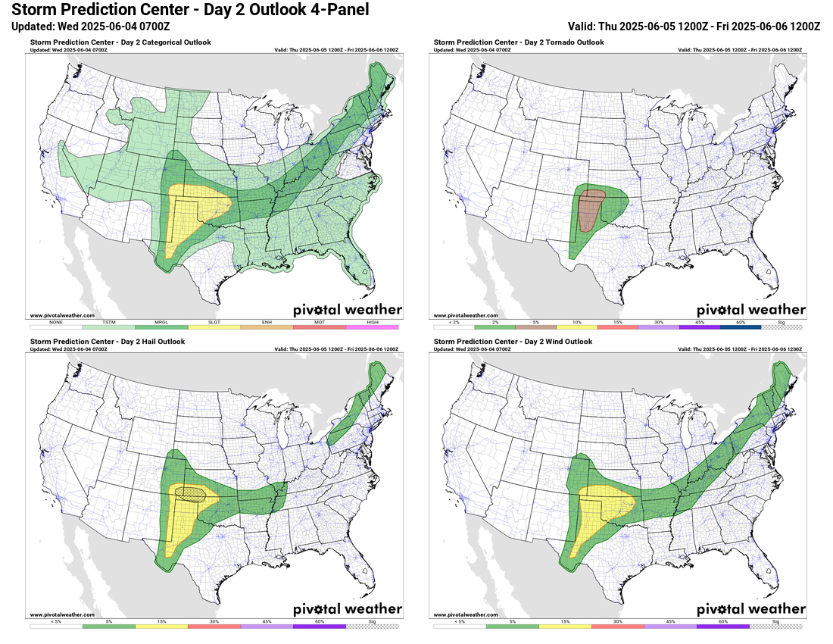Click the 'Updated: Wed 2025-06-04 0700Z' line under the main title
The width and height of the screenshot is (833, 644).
[x=91, y=26]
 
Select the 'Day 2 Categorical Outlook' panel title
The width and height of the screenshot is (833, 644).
[x=121, y=42]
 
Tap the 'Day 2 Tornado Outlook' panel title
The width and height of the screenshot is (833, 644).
[x=519, y=42]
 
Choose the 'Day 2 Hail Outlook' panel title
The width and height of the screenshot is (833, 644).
[x=108, y=342]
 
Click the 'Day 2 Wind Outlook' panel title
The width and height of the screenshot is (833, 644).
[x=513, y=342]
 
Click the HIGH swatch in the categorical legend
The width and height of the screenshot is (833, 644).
[x=372, y=327]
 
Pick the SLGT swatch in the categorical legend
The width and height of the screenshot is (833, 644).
[x=214, y=327]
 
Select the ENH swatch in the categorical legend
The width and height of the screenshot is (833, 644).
[x=267, y=327]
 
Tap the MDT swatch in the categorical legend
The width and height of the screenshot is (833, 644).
[x=319, y=327]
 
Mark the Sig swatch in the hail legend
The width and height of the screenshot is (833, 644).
[x=372, y=627]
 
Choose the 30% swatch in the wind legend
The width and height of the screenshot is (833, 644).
[x=617, y=627]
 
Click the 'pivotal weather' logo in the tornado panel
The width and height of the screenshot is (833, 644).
[x=750, y=309]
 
